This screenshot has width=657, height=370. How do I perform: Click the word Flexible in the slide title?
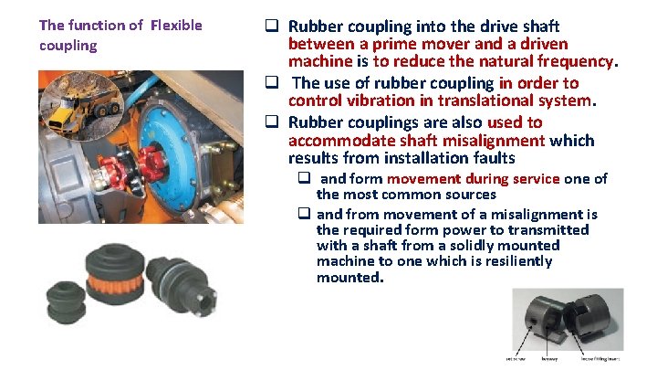point(177,25)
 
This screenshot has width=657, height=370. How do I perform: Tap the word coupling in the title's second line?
point(68,45)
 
